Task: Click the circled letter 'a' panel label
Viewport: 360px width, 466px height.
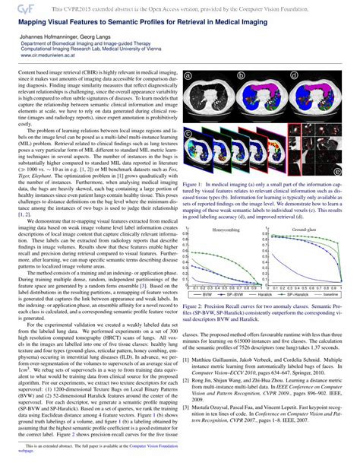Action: pyautogui.click(x=187, y=77)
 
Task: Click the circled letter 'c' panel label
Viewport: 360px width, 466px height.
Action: pyautogui.click(x=187, y=130)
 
